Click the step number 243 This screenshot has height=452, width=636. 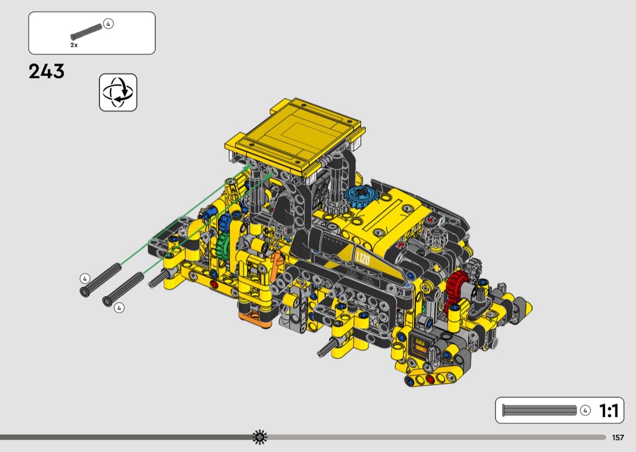(47, 71)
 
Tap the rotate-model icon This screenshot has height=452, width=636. (118, 92)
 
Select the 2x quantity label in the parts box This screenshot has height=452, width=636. (74, 45)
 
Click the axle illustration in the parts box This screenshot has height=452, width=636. (86, 32)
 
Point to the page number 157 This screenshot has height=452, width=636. (618, 437)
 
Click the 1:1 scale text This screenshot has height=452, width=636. (609, 411)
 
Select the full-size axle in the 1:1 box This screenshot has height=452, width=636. (540, 410)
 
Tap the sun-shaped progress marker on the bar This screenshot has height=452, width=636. (260, 437)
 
